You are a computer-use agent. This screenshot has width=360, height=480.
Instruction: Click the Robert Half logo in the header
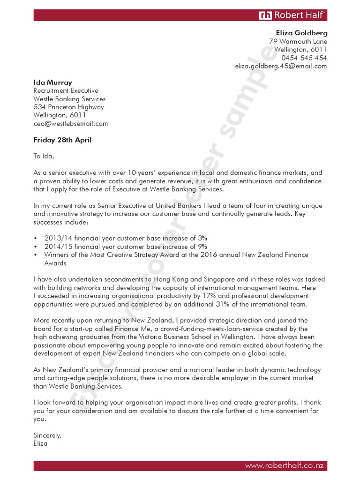[x=292, y=15]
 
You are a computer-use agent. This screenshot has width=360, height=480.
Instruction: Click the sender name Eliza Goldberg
[x=301, y=33]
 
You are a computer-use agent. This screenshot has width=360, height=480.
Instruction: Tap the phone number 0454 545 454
[x=304, y=58]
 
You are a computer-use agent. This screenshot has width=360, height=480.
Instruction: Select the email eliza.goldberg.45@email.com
[x=281, y=66]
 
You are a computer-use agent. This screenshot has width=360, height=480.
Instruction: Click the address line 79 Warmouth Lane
[x=298, y=42]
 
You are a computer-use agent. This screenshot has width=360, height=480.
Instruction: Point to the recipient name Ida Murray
[x=52, y=82]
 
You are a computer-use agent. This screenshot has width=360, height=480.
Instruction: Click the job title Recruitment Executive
[x=66, y=90]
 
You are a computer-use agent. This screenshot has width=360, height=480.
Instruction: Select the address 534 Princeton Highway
[x=68, y=107]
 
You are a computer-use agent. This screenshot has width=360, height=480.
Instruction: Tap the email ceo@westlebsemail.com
[x=70, y=124]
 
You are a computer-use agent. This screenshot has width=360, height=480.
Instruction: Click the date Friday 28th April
[x=62, y=140]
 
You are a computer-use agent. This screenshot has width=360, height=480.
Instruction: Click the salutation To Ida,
[x=44, y=156]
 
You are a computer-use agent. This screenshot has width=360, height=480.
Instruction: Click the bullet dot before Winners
[x=36, y=255]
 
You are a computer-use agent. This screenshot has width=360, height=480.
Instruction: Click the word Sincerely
[x=47, y=435]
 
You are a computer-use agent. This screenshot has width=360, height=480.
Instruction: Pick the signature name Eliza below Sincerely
[x=40, y=443]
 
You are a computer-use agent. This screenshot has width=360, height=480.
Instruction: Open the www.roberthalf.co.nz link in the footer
[x=285, y=466]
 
